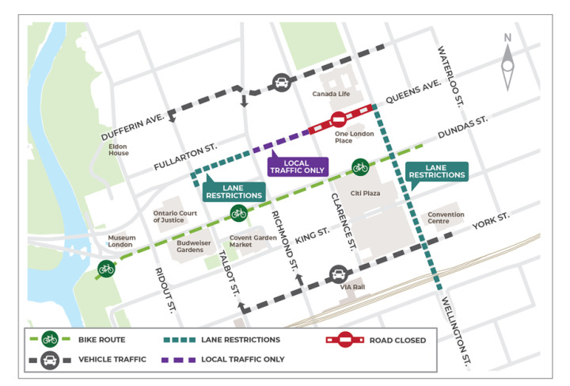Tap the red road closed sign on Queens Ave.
338,120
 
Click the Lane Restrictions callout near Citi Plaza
436,172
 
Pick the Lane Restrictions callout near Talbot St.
234,191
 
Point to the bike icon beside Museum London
106,269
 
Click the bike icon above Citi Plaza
360,167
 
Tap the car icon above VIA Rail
338,274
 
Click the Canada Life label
330,94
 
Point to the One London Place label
344,137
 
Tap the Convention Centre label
446,218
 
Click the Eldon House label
119,150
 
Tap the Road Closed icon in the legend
342,340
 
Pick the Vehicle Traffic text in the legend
112,359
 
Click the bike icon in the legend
49,339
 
